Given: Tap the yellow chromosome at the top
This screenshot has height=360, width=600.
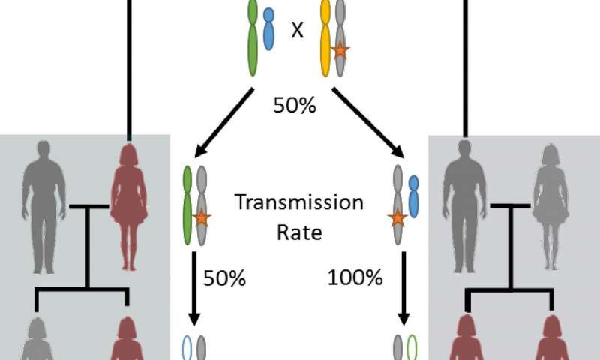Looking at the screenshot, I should [x=325, y=41].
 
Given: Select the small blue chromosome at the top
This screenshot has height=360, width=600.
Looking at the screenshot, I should [x=268, y=41].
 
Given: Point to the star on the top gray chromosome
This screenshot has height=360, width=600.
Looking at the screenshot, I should [x=340, y=51].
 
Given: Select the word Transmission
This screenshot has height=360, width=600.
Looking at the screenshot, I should [x=298, y=203].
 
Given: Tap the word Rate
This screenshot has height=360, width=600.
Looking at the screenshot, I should [x=298, y=232].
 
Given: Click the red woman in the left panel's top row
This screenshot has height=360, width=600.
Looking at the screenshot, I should [x=128, y=202].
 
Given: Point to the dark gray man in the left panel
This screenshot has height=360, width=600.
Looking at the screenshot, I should [x=45, y=202].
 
